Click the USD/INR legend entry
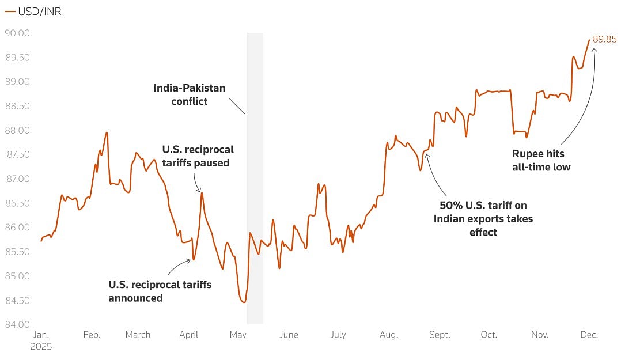coord(33,12)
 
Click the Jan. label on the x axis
coord(41,335)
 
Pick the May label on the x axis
coord(238,335)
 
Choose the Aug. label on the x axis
coord(389,335)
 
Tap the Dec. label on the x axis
coord(589,335)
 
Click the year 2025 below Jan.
coord(41,347)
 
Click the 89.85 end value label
coord(605,39)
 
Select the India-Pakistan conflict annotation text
coord(189,94)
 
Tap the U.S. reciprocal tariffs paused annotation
coord(198,156)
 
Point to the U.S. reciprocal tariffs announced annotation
coord(160,291)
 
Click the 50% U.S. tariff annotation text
coord(483,218)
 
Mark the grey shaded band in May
coord(255,179)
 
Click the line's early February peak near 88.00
coord(107,132)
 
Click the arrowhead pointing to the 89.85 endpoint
coord(594,49)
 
